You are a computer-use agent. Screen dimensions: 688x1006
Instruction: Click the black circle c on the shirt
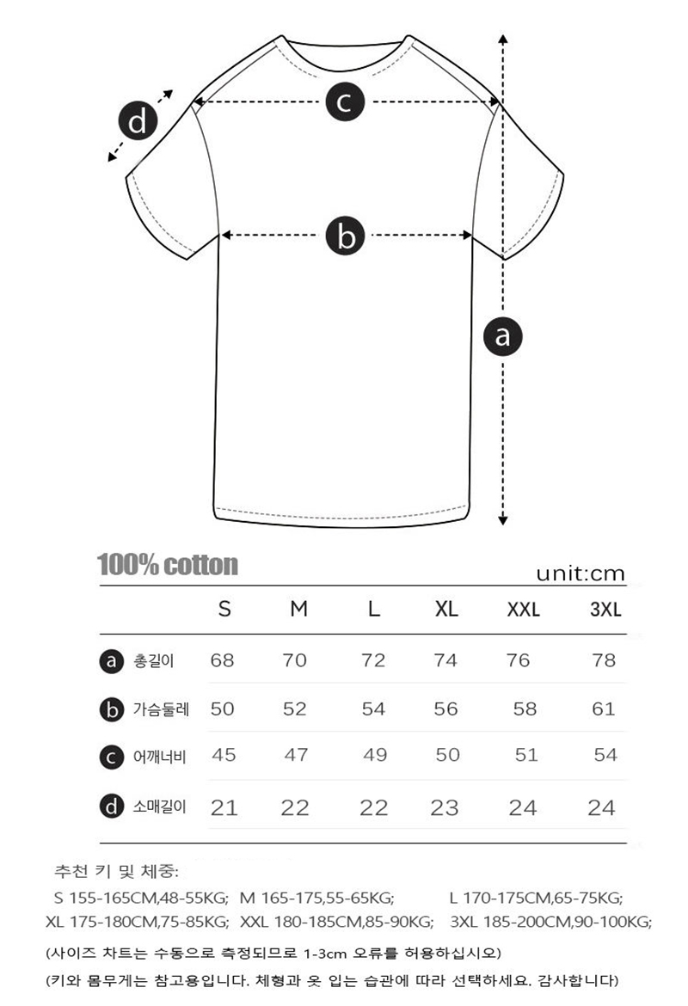tap(344, 102)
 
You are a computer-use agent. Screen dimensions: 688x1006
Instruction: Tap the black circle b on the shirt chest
tap(345, 235)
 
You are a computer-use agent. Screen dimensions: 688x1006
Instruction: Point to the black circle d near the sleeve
tap(138, 122)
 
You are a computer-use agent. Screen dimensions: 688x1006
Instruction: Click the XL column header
tap(446, 610)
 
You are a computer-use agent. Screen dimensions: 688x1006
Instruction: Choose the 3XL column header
tap(605, 610)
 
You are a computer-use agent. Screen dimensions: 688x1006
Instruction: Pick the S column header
tap(224, 610)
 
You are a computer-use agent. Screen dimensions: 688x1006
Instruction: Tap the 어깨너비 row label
tap(160, 757)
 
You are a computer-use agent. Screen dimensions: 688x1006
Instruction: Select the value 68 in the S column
tap(222, 660)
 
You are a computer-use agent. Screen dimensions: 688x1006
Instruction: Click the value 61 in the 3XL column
tap(604, 708)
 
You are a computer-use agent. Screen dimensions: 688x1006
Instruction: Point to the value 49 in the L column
tap(375, 755)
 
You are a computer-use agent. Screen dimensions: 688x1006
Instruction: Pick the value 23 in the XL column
tap(445, 807)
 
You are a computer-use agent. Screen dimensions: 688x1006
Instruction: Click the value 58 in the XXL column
tap(525, 708)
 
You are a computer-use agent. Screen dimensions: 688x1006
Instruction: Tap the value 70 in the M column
tap(295, 660)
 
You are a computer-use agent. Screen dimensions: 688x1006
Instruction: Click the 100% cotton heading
tap(168, 565)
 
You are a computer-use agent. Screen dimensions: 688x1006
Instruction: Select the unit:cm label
tap(580, 574)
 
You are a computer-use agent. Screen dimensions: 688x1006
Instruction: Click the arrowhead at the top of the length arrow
tap(503, 40)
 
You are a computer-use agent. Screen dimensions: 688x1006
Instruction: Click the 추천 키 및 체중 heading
tap(116, 872)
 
